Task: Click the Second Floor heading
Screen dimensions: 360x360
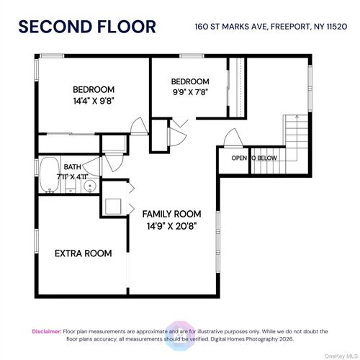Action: (x=86, y=27)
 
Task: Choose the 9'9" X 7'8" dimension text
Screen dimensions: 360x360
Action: (x=190, y=92)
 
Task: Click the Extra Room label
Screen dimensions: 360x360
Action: (x=84, y=253)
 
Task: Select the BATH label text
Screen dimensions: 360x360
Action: (x=53, y=167)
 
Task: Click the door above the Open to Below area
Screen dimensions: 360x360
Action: (x=232, y=136)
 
